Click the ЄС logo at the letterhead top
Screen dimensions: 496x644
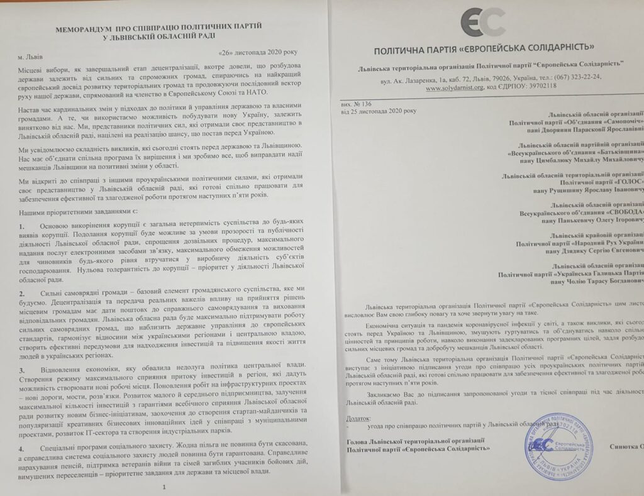[482, 23]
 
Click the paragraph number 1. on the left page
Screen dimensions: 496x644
[22, 226]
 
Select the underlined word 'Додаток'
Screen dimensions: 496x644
[358, 417]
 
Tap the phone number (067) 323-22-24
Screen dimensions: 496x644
[575, 77]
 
